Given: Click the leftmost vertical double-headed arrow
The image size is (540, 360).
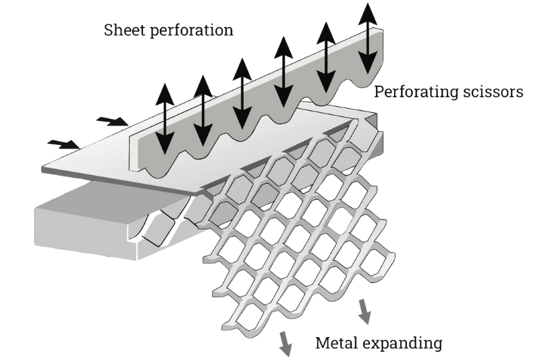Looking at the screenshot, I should [x=164, y=119].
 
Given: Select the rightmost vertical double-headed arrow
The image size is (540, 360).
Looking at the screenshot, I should [x=368, y=38].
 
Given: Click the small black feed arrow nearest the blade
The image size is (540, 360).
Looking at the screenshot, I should [x=112, y=122].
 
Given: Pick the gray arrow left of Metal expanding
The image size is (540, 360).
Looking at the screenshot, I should [x=285, y=342].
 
